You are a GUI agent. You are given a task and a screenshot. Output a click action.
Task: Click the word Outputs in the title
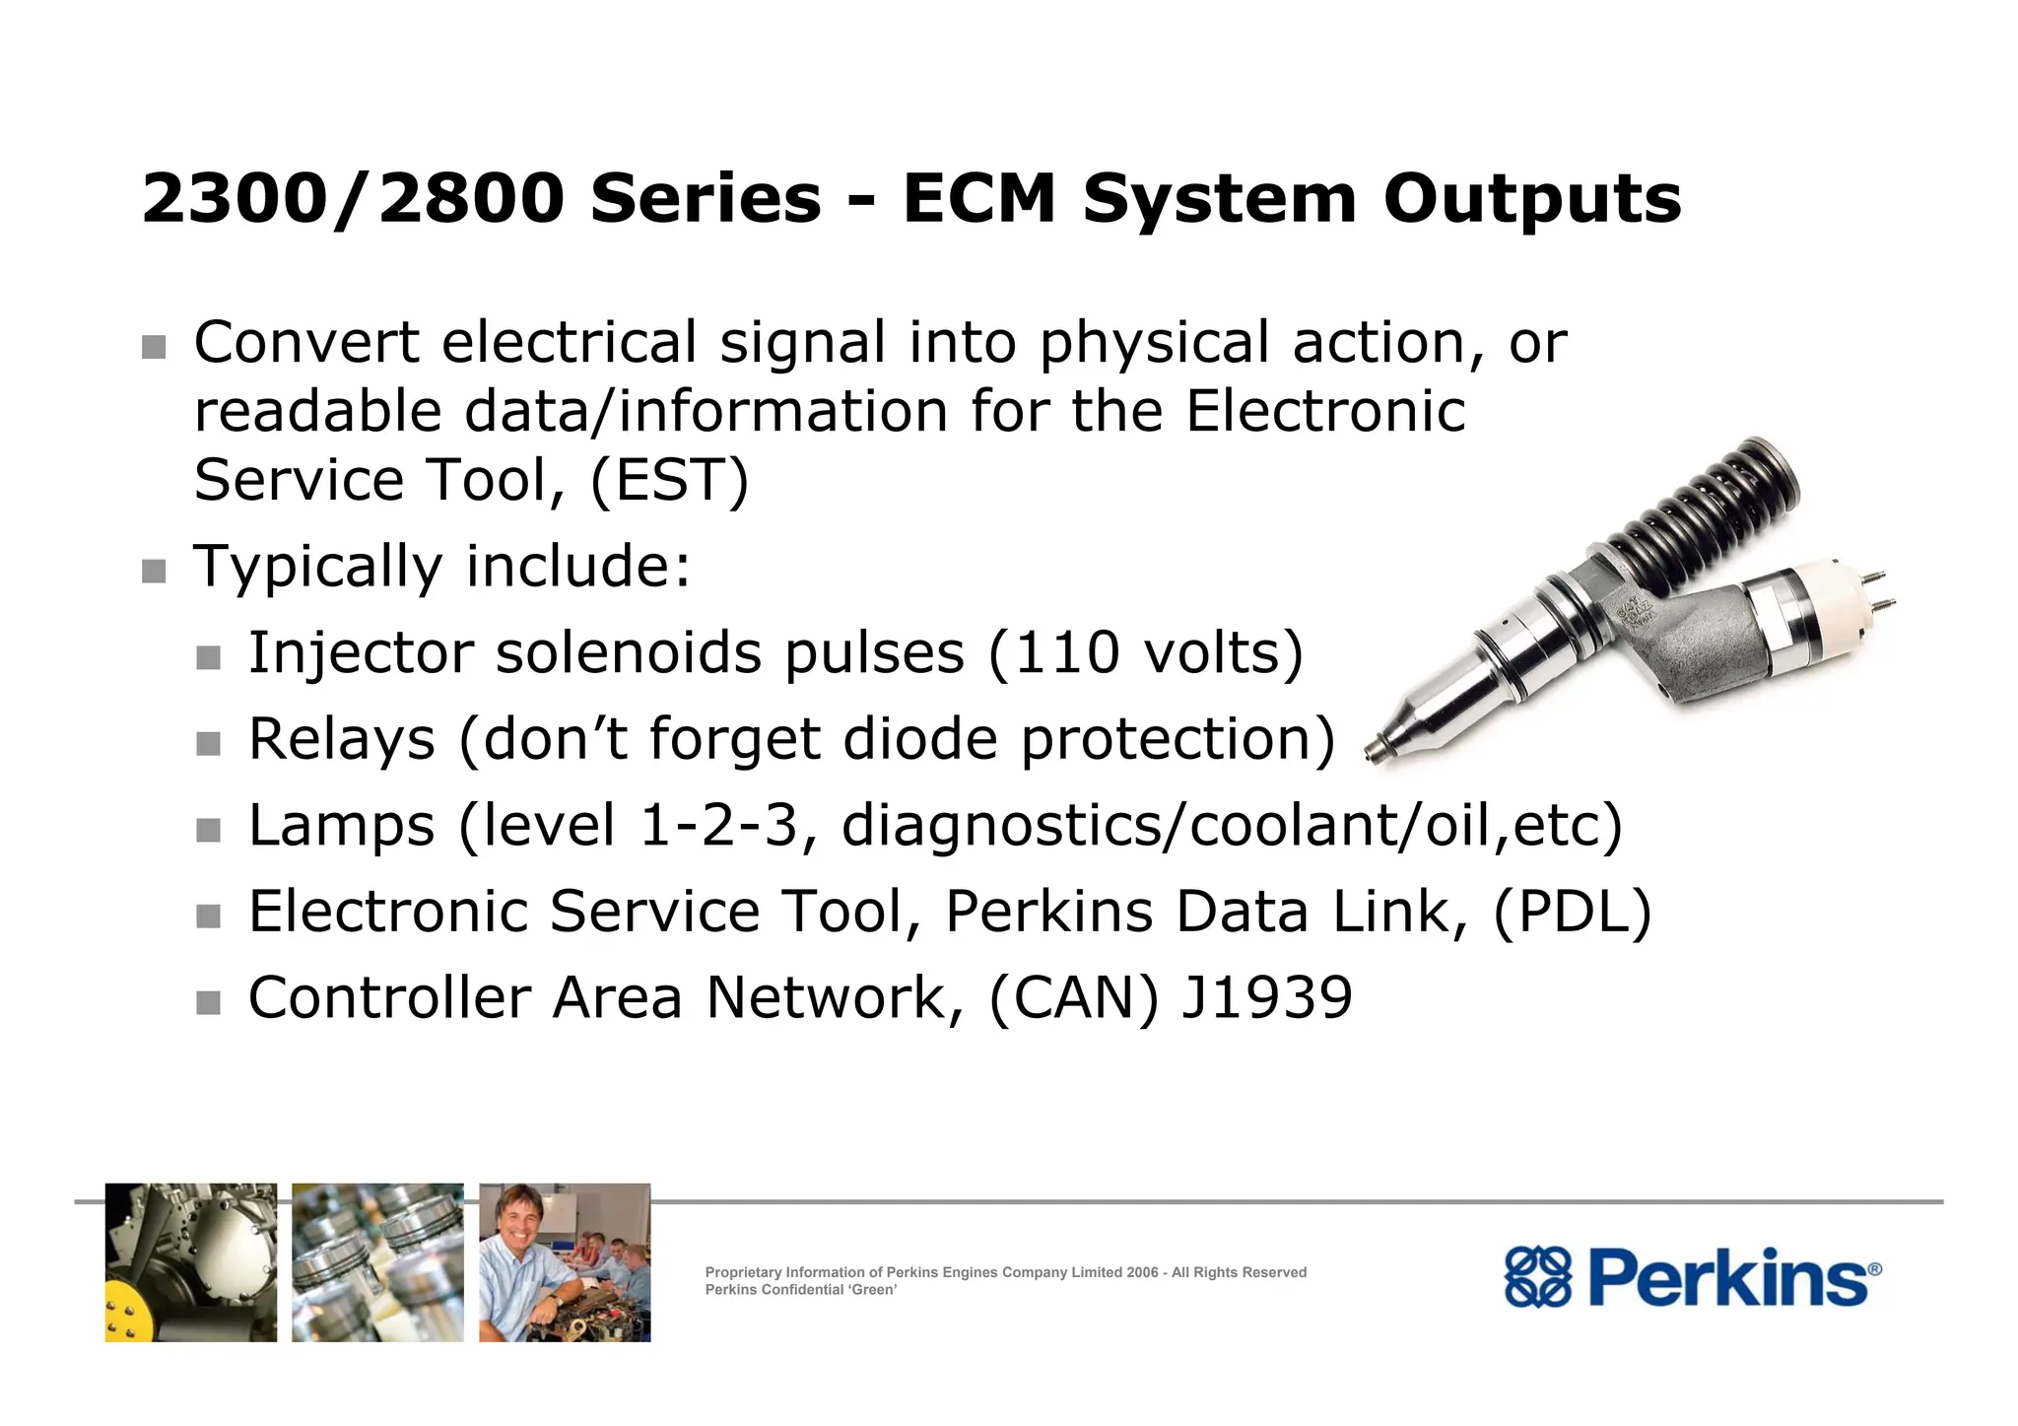(1531, 200)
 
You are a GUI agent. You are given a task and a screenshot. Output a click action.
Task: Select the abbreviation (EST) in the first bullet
(670, 481)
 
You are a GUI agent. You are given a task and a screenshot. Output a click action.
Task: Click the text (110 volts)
(1145, 653)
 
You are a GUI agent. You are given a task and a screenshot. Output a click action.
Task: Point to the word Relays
(341, 739)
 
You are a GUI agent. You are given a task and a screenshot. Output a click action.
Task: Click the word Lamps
(341, 825)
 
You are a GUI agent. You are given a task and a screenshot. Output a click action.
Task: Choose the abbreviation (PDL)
(1573, 912)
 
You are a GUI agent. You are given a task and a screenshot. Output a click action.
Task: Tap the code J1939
(1266, 997)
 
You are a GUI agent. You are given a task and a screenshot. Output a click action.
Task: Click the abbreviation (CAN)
(1073, 997)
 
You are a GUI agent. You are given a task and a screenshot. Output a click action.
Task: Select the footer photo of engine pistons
(377, 1262)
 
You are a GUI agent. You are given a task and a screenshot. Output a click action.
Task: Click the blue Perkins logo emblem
(1536, 1277)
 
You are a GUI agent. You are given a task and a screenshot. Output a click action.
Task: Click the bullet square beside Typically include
(154, 571)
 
